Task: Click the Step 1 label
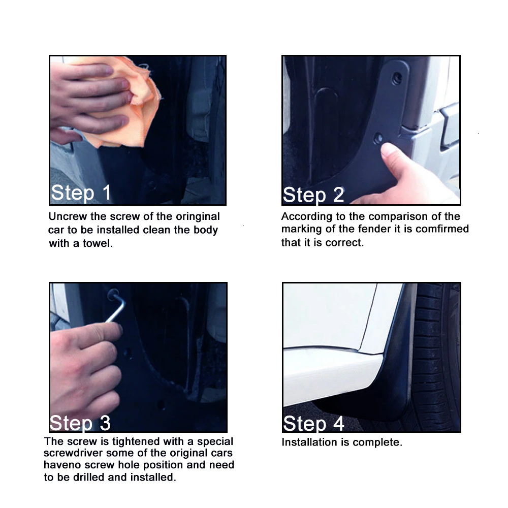[x=81, y=193]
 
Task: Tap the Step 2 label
[x=313, y=195]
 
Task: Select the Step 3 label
[x=80, y=423]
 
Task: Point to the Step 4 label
[x=313, y=423]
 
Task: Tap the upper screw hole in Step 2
[x=397, y=78]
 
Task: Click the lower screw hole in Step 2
[x=378, y=138]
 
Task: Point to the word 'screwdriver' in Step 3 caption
[x=73, y=453]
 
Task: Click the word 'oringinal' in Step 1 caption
[x=198, y=217]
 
